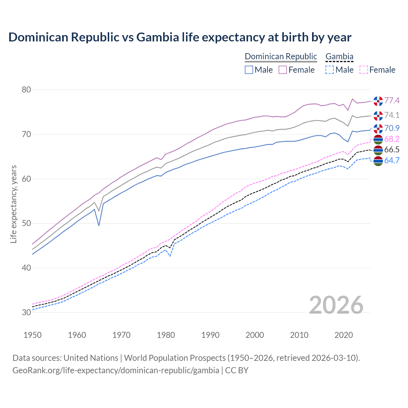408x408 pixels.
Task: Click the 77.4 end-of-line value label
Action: [x=392, y=101]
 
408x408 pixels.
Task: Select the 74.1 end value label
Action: [x=392, y=115]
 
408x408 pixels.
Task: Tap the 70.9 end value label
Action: [x=392, y=128]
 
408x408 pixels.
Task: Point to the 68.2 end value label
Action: [x=392, y=139]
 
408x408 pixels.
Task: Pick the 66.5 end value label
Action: [x=392, y=150]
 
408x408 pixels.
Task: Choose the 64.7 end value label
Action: [x=392, y=160]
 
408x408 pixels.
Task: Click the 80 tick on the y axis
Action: [x=26, y=90]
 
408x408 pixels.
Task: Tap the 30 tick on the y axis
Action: [x=26, y=312]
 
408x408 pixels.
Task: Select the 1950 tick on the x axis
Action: [x=33, y=335]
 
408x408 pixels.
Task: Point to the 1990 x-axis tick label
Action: [x=210, y=335]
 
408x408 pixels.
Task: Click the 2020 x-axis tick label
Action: [x=344, y=335]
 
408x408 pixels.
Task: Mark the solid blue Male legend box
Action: [x=249, y=70]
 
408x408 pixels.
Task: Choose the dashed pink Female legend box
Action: [x=364, y=70]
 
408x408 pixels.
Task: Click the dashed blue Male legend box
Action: [x=330, y=70]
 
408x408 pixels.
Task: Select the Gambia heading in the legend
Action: [x=339, y=57]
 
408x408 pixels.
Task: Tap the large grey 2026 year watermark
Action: [x=336, y=305]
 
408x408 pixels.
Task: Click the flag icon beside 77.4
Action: [x=378, y=101]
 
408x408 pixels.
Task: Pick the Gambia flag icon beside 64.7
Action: [x=378, y=161]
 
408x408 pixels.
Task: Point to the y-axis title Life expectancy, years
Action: [x=14, y=204]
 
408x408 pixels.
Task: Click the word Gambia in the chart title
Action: [x=157, y=37]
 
